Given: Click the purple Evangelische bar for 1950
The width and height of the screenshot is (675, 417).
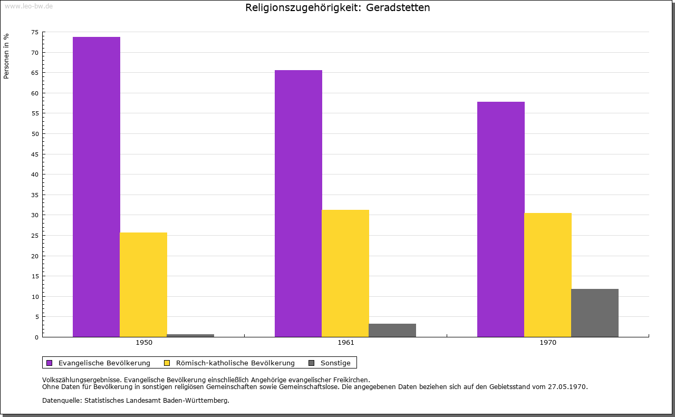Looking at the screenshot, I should tap(97, 187).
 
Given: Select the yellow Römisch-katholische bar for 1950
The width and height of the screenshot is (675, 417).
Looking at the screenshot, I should tap(143, 285).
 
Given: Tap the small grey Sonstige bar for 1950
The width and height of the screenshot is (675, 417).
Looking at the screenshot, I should tap(190, 335).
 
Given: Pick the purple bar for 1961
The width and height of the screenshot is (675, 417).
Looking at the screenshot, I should tap(298, 203).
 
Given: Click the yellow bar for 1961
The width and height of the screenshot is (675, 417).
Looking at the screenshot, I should tap(345, 273).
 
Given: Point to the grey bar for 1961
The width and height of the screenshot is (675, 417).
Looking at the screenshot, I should tap(392, 330).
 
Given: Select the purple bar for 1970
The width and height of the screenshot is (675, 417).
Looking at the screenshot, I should tap(501, 219).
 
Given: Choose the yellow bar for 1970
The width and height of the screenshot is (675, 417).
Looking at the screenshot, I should tap(548, 275).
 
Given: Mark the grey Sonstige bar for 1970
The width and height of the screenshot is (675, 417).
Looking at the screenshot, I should tap(595, 313).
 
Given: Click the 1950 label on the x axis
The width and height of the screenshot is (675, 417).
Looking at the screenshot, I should tap(144, 343).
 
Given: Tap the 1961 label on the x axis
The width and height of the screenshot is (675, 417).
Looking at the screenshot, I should tap(346, 343).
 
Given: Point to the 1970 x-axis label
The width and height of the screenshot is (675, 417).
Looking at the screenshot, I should tap(548, 343).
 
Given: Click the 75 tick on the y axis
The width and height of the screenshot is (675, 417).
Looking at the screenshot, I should tap(35, 32).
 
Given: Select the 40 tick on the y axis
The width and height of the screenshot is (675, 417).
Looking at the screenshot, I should tap(35, 174).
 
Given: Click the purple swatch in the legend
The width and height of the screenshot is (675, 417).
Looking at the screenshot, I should tap(50, 363).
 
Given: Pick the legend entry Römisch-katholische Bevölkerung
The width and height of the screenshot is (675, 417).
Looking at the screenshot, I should tap(235, 363).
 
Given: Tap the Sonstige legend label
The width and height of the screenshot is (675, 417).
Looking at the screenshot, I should tap(335, 363).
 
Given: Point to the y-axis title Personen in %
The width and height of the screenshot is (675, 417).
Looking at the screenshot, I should tap(6, 56).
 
